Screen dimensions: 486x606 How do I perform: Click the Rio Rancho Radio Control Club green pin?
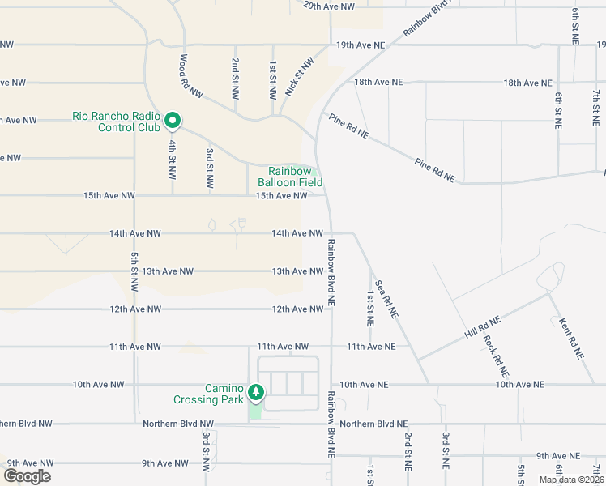(173, 121)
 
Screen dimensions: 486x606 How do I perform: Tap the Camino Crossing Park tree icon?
(256, 392)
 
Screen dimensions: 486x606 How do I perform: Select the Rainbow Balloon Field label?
(290, 177)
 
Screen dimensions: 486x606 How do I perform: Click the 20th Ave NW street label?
(329, 6)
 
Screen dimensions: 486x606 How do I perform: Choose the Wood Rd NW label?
(185, 76)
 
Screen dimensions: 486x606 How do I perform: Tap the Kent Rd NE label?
(571, 337)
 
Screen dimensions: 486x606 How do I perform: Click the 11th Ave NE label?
(371, 347)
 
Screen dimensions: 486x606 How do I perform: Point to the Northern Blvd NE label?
(373, 424)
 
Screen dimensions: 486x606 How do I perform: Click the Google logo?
(27, 476)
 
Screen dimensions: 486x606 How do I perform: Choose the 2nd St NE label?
(408, 452)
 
